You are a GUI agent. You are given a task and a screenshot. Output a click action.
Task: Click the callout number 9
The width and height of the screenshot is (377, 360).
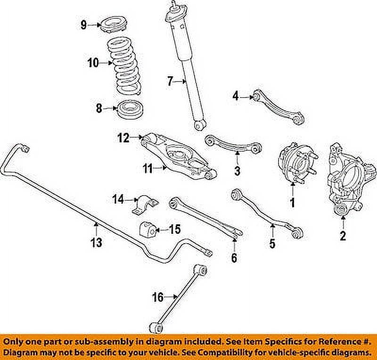pos(83,25)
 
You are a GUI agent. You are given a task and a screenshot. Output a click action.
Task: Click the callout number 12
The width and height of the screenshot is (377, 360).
pos(123,138)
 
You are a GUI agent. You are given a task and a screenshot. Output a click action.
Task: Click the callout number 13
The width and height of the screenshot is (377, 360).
pos(96,242)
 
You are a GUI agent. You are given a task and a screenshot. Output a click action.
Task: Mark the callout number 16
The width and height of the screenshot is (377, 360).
pos(158,297)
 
